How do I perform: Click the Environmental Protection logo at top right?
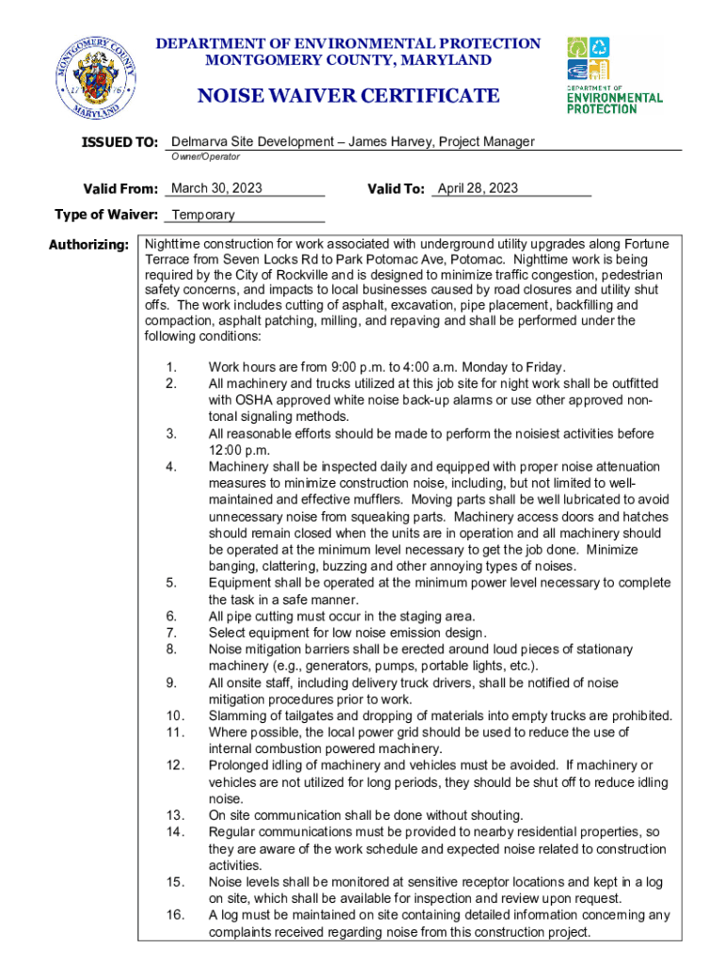pos(613,74)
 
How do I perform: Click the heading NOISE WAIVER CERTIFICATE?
pos(347,95)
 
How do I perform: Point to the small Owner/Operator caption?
pos(204,156)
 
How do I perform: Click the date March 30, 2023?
pos(217,188)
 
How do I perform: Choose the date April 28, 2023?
pos(477,188)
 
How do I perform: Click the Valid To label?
pos(395,189)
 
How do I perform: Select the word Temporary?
pos(202,215)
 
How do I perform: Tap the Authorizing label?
pos(89,245)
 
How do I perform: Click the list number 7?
pos(171,633)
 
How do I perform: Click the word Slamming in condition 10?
pos(237,715)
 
